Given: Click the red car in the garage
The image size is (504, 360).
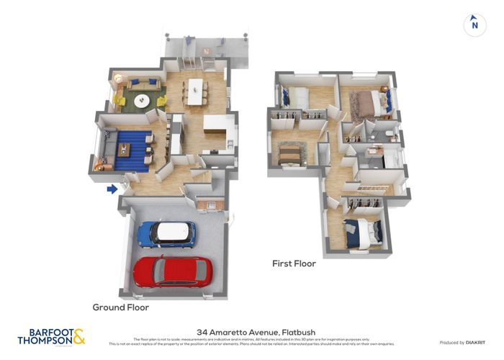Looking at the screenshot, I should [x=172, y=271].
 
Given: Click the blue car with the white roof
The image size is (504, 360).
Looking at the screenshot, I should [x=167, y=233].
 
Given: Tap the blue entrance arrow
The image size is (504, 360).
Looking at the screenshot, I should [x=112, y=189].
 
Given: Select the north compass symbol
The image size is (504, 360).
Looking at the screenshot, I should [x=473, y=24].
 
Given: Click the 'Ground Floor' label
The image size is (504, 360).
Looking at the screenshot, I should [x=120, y=307].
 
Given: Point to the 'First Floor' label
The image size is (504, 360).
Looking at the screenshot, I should [x=294, y=264].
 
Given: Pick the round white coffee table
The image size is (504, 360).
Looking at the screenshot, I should [x=141, y=99].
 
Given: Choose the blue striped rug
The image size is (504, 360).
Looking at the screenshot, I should [x=129, y=150].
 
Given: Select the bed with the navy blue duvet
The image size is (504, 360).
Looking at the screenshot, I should [x=361, y=232].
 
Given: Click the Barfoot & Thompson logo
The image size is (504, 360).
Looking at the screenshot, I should [x=51, y=336].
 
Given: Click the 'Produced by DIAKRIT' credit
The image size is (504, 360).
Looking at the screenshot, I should [x=462, y=343].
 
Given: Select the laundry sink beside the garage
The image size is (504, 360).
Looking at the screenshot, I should [x=211, y=204].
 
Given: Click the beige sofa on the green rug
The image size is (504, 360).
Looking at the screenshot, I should [x=143, y=84].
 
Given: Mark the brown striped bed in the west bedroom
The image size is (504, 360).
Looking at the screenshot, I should [x=291, y=153].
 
